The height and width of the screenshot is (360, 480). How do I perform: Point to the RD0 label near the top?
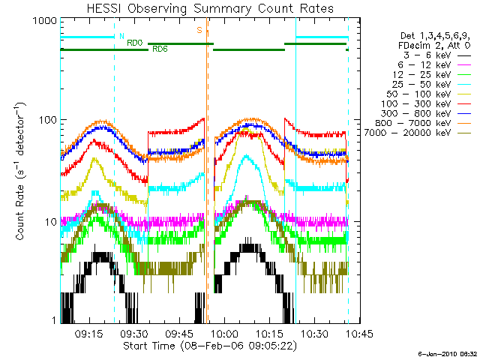tap(134, 43)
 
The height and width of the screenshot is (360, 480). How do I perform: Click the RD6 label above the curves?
tap(160, 49)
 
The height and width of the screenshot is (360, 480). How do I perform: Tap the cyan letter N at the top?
tap(121, 35)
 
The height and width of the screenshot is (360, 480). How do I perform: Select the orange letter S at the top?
tap(199, 30)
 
